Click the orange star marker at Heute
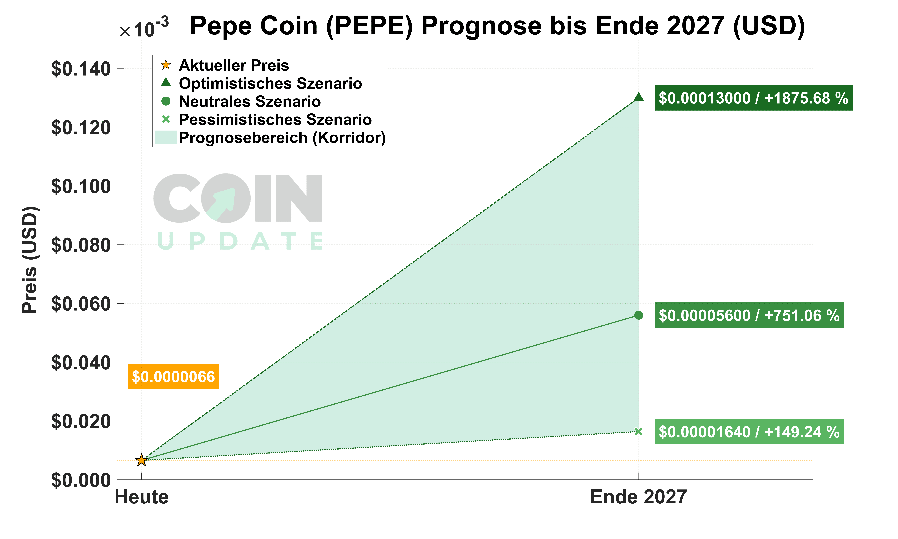tap(141, 460)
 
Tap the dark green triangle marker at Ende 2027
tap(638, 97)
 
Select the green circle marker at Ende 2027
tap(638, 315)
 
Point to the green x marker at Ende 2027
tap(638, 431)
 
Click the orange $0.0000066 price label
tap(173, 377)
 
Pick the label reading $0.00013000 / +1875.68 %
tap(753, 98)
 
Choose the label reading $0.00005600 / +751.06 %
tap(749, 315)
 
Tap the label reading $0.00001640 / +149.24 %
tap(749, 432)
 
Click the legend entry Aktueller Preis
tap(234, 65)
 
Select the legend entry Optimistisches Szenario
tap(270, 84)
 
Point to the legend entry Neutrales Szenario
tap(250, 102)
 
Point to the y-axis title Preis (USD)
tap(30, 260)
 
